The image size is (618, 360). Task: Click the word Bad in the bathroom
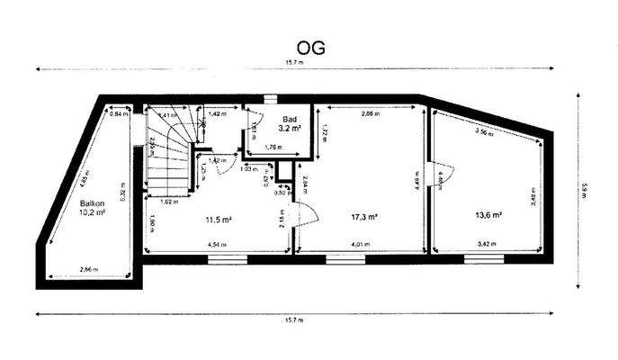tap(290, 120)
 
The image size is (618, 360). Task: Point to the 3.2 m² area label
tap(290, 130)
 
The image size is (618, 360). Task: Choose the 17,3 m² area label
tap(364, 217)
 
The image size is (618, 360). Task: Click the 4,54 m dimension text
tap(216, 244)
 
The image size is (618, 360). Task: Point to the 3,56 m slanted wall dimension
tap(485, 132)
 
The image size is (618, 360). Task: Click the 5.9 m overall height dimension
tap(584, 191)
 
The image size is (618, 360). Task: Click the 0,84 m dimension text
tap(117, 114)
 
